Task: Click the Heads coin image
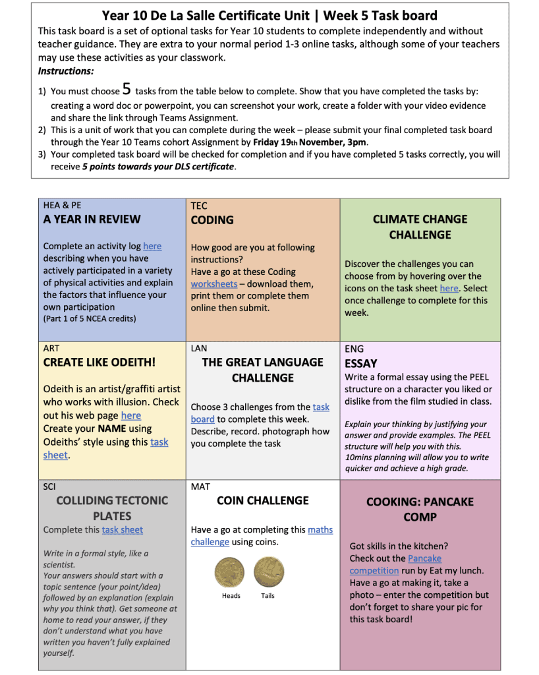coord(230,572)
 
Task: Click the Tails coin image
coord(269,572)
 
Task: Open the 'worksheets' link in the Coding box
coord(213,284)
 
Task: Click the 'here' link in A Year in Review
coord(152,246)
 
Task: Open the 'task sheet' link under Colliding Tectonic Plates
coord(122,529)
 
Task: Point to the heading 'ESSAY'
coord(361,363)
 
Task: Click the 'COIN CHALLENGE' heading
coord(262,500)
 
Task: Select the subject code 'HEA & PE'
coord(63,205)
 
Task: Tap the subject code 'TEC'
coord(199,206)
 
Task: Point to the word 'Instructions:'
coord(66,71)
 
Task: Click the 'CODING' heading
coord(212,220)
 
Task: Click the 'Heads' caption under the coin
coord(231,596)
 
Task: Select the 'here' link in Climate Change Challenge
coord(449,288)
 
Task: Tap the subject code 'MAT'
coord(200,486)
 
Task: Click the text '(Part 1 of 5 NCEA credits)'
coord(89,319)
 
